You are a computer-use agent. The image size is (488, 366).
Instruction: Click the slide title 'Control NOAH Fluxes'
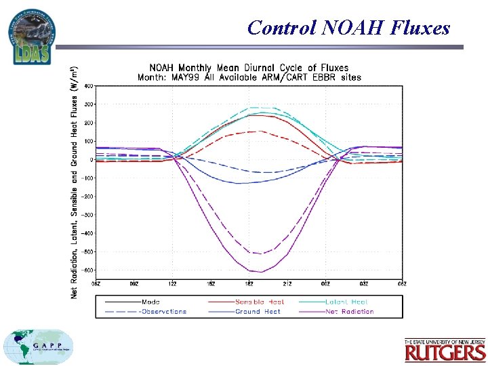[x=348, y=28]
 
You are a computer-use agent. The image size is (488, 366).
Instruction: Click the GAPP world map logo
[x=39, y=347]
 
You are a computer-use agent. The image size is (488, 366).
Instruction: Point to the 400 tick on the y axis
[x=89, y=86]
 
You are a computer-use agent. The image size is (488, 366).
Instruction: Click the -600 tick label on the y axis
[x=88, y=270]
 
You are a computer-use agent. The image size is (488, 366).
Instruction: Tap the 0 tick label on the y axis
[x=92, y=160]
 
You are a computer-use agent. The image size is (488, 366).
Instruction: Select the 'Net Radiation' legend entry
[x=350, y=312]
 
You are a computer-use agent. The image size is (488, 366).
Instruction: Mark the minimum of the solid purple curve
[x=261, y=272]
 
